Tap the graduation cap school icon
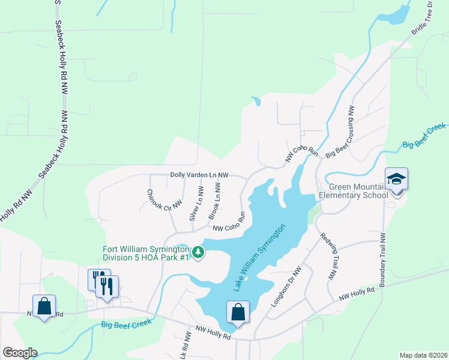pos(396,179)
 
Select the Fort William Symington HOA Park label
pos(146,253)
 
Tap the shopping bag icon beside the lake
pos(238,312)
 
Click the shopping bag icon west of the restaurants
pos(44,307)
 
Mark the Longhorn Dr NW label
pos(286,287)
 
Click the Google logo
pos(20,352)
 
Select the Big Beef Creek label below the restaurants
pos(127,325)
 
